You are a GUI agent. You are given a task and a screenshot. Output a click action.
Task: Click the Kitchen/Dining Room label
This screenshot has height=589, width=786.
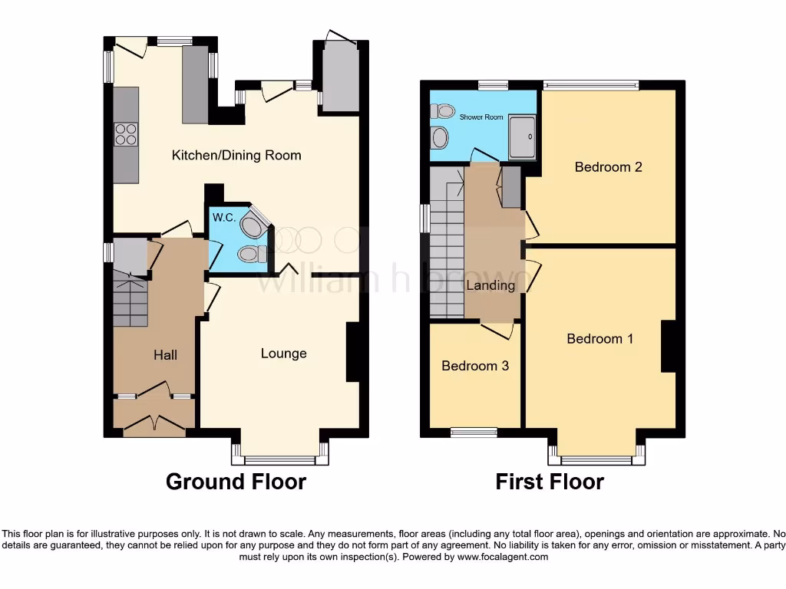coord(236,155)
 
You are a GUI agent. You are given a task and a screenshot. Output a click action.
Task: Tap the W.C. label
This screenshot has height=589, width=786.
coord(223,218)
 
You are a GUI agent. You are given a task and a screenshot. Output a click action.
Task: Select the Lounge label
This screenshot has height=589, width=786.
coord(283,354)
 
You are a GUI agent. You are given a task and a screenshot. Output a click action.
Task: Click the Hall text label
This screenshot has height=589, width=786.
coord(165,354)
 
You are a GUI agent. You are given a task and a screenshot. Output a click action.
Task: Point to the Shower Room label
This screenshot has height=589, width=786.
coord(481,117)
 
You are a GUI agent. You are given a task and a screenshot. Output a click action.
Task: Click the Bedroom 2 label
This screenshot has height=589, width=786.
coord(608,166)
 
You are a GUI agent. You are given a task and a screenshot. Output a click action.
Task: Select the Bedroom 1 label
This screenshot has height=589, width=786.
coord(599,338)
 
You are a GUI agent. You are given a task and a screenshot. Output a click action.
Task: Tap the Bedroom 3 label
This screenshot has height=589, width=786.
coord(475,366)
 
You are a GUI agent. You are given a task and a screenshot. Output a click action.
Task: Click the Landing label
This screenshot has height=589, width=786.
coord(490,285)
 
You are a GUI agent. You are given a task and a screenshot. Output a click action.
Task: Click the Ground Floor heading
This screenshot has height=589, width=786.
coord(236,482)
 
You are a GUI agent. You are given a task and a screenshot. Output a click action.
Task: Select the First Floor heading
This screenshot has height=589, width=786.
coord(549,482)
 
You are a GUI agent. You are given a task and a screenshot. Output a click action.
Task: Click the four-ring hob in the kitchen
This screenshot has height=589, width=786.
coord(126,134)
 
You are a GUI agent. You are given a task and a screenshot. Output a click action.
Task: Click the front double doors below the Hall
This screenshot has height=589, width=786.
coord(154,423)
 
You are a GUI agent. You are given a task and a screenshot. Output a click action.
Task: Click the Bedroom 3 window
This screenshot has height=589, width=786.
coord(474,433)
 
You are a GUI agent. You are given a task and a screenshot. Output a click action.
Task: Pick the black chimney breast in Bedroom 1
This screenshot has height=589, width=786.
coord(668,347)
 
